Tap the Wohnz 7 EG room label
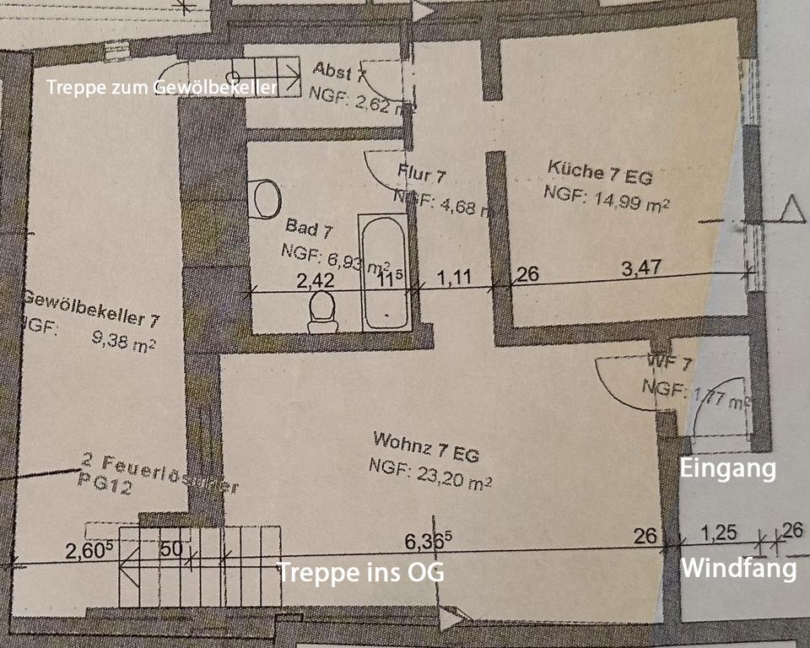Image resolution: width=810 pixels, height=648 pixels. coord(425,447)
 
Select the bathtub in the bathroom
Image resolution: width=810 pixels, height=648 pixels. coord(384,273)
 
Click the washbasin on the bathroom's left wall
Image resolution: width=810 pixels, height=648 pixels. coord(264,200)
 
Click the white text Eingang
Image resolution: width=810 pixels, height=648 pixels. coord(728,468)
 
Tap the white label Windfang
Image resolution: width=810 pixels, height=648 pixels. coord(738,568)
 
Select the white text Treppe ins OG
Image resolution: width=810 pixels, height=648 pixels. coord(361,572)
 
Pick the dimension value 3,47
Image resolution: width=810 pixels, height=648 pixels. coord(642,268)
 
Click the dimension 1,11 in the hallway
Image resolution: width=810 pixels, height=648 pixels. coord(454,275)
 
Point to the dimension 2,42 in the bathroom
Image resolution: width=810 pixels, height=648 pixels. coord(315,280)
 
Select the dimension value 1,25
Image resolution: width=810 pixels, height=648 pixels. coord(720,532)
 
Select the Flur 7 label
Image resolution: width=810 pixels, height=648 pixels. coord(421,175)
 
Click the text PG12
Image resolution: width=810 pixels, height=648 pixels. coord(105,487)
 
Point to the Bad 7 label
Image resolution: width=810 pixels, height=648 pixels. coord(302,227)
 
